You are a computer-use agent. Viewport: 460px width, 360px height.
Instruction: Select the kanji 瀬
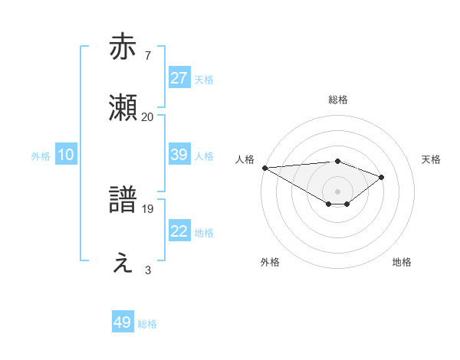pyautogui.click(x=123, y=108)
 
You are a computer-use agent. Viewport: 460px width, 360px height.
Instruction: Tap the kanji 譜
pyautogui.click(x=123, y=200)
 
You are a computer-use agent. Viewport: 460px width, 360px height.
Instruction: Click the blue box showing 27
pyautogui.click(x=179, y=78)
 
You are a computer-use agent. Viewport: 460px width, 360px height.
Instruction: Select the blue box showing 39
pyautogui.click(x=179, y=155)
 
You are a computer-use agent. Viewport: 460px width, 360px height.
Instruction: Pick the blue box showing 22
pyautogui.click(x=179, y=231)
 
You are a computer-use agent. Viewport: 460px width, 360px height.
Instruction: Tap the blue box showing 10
pyautogui.click(x=66, y=155)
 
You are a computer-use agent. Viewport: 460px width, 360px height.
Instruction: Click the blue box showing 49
pyautogui.click(x=123, y=322)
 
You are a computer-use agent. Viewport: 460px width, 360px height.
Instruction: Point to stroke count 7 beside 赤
pyautogui.click(x=147, y=55)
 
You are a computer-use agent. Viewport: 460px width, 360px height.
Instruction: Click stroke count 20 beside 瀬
pyautogui.click(x=147, y=116)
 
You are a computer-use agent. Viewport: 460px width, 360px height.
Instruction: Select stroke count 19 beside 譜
pyautogui.click(x=147, y=208)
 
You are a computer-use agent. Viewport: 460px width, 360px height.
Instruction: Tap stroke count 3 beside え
pyautogui.click(x=147, y=270)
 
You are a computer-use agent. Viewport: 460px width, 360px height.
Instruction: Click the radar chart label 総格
pyautogui.click(x=337, y=100)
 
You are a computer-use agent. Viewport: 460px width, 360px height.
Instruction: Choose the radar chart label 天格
pyautogui.click(x=432, y=159)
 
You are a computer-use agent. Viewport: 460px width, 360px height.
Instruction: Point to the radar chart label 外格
pyautogui.click(x=270, y=262)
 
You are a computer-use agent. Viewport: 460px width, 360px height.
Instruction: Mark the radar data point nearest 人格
pyautogui.click(x=264, y=168)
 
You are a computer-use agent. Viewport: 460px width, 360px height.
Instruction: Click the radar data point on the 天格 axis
pyautogui.click(x=382, y=177)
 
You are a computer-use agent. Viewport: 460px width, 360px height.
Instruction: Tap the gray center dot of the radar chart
pyautogui.click(x=337, y=191)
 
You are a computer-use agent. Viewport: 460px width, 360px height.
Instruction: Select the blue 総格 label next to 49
pyautogui.click(x=147, y=324)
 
